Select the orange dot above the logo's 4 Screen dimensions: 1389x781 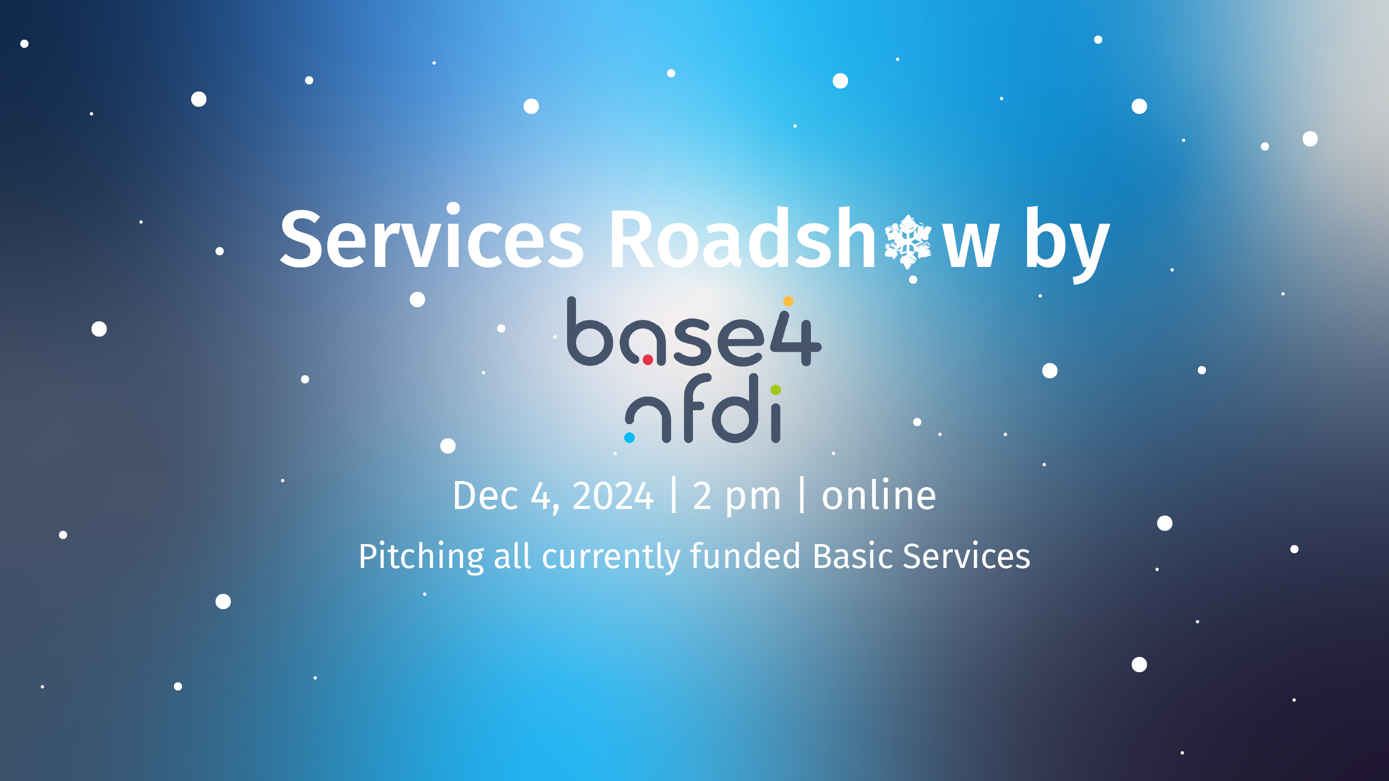click(x=789, y=301)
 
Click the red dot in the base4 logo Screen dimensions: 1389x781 click(x=648, y=359)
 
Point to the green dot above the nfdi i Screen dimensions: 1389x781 click(x=776, y=389)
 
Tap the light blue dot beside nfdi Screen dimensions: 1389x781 click(x=629, y=437)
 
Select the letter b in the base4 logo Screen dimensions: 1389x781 click(x=590, y=331)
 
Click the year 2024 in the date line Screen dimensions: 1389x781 click(x=613, y=496)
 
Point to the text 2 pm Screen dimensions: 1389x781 click(x=737, y=497)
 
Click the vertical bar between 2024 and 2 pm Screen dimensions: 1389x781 click(x=674, y=495)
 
